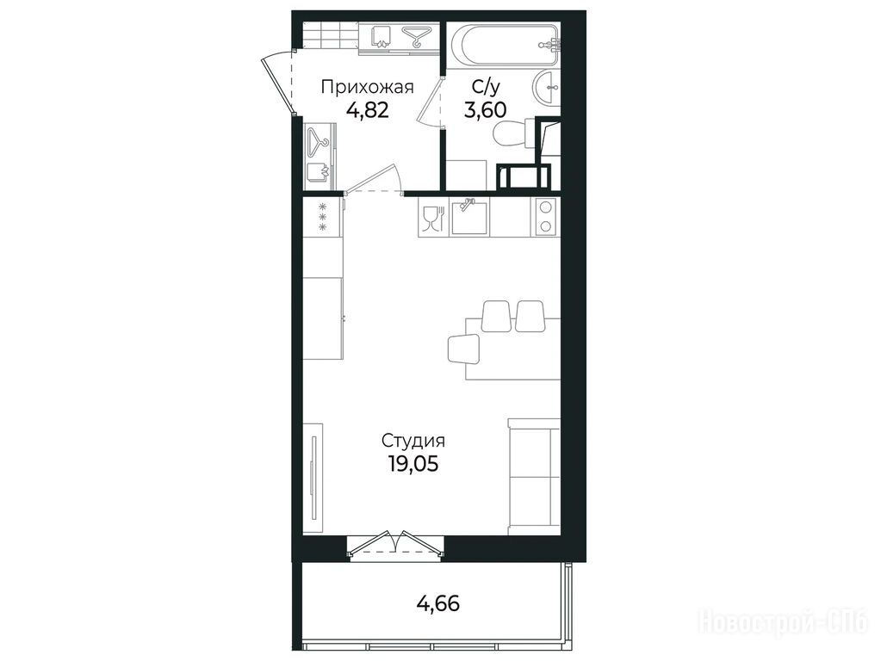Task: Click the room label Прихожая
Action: tap(367, 88)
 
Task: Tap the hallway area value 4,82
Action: tap(367, 109)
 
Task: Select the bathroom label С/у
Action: tap(485, 87)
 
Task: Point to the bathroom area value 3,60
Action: tap(485, 109)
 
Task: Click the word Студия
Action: tap(413, 442)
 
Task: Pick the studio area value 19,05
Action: tap(413, 464)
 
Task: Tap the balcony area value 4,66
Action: tap(437, 603)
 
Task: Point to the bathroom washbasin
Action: tap(546, 88)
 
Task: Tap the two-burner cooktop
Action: tap(544, 216)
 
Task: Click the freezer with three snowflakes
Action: tap(323, 217)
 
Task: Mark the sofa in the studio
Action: tap(534, 476)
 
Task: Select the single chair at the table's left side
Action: tap(463, 349)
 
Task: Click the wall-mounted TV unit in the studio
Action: tap(313, 479)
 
